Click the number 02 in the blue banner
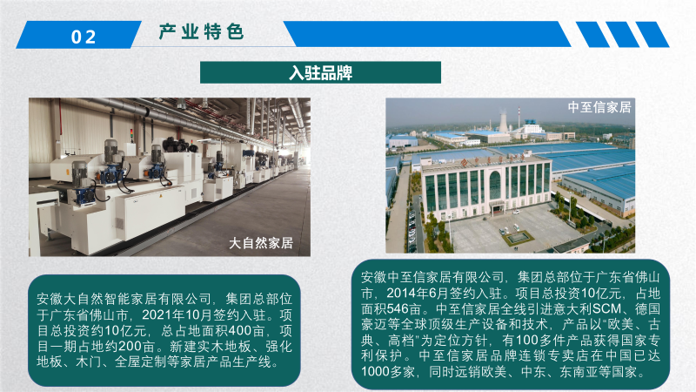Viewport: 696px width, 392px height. (84, 37)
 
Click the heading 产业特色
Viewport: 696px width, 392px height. (202, 32)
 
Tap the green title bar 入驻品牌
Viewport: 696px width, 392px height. (320, 72)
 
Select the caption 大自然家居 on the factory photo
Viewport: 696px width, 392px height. (261, 243)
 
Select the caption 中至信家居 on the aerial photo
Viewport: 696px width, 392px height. (599, 107)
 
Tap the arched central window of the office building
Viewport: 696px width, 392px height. (494, 186)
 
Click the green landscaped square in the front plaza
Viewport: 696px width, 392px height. (518, 238)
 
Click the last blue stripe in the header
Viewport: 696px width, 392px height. (652, 34)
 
